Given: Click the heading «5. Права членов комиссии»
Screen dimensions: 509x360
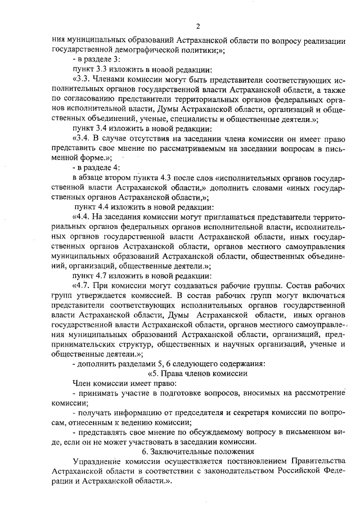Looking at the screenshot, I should coord(197,373).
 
